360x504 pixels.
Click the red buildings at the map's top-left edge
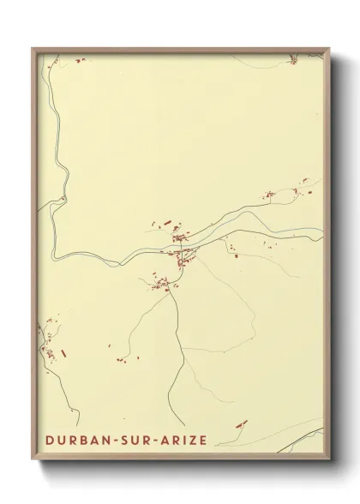point(81,60)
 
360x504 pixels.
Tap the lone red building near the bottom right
point(241,423)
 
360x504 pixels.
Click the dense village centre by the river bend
point(181,249)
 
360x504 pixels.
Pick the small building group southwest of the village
point(160,284)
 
